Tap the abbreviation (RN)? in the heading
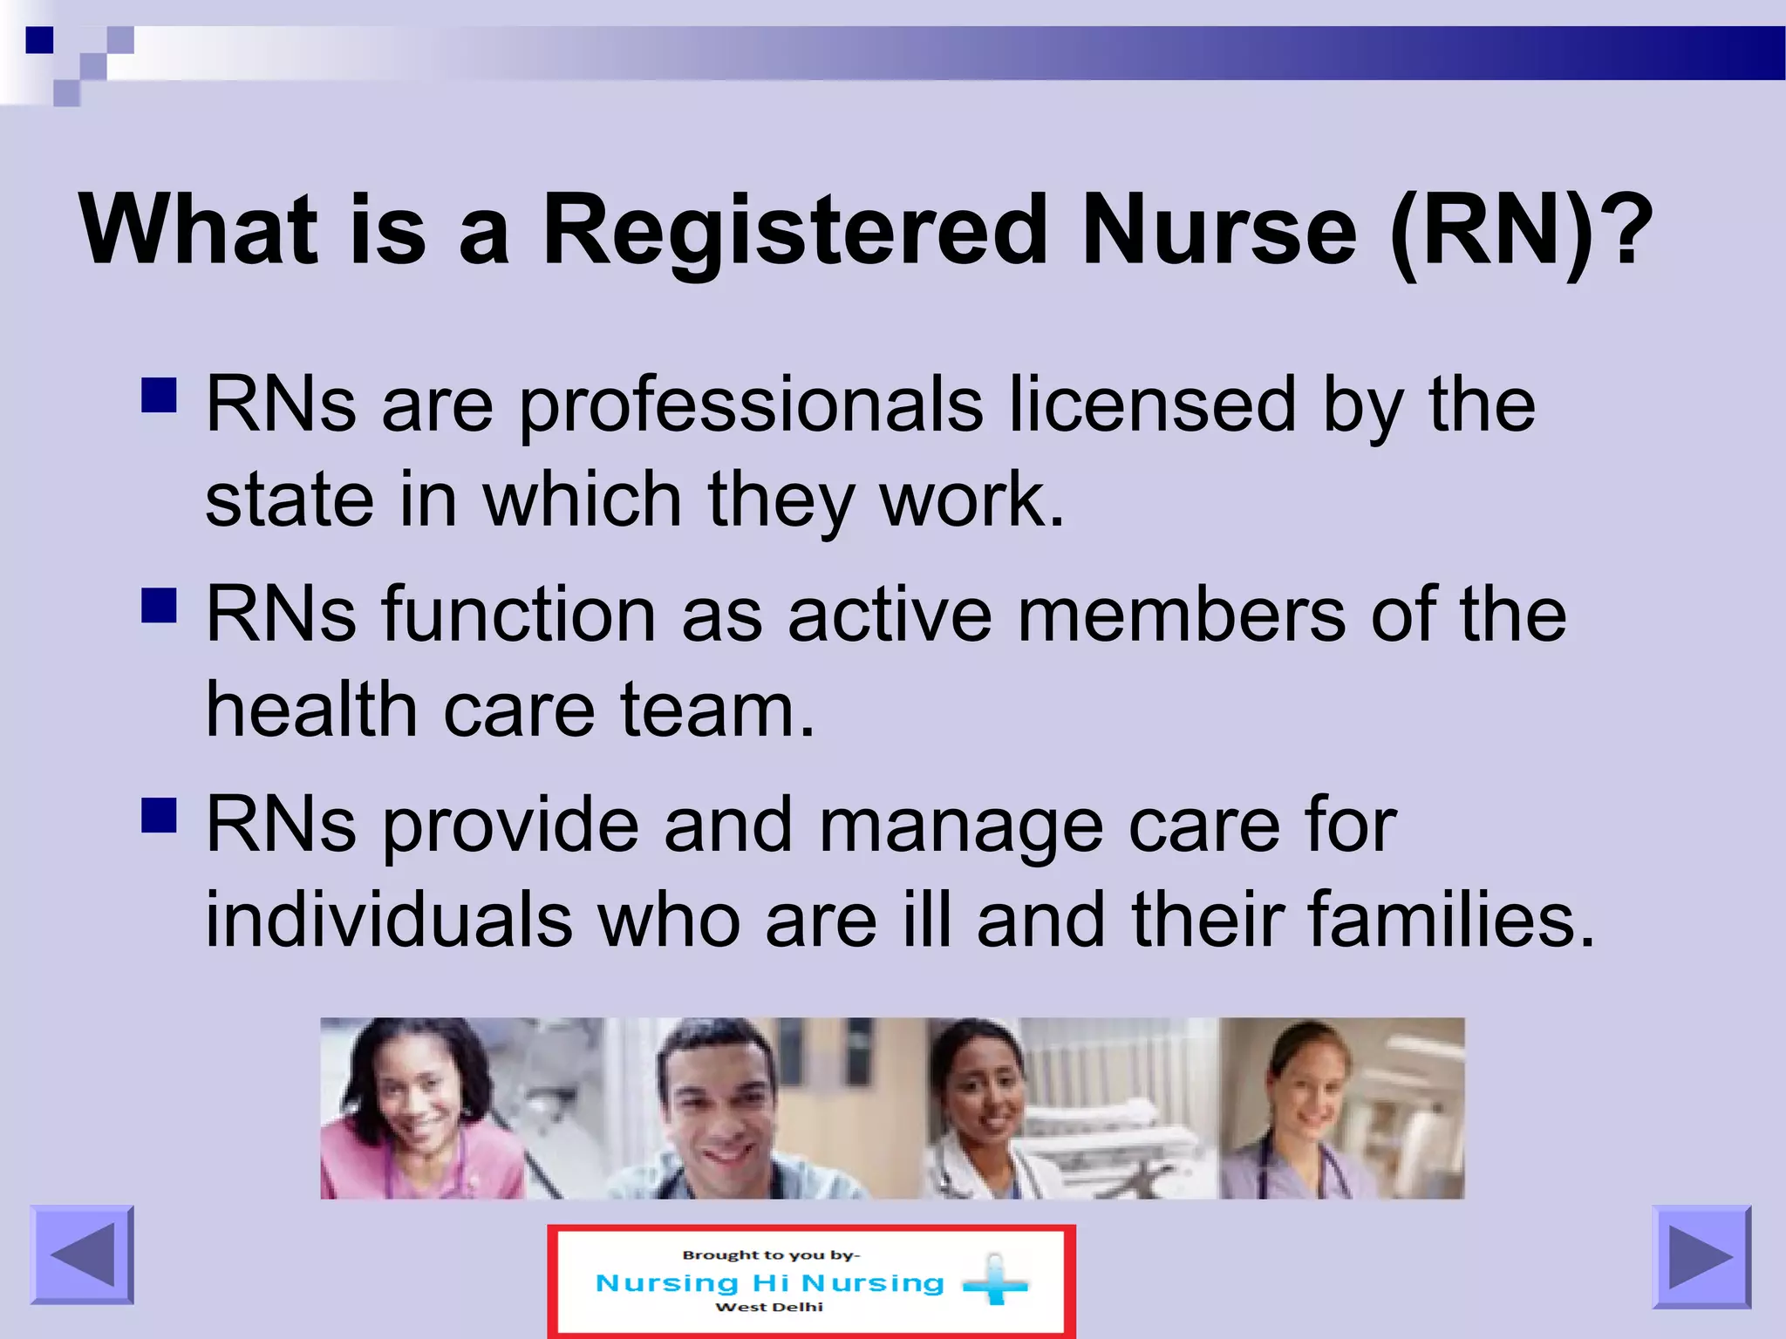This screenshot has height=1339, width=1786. (x=1521, y=230)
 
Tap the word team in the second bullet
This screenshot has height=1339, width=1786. (x=717, y=710)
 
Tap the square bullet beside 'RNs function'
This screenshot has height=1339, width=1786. (x=159, y=605)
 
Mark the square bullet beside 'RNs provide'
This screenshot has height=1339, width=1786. (x=159, y=815)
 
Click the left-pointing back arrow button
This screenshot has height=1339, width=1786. (x=82, y=1255)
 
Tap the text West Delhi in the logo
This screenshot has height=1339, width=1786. (x=769, y=1307)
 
